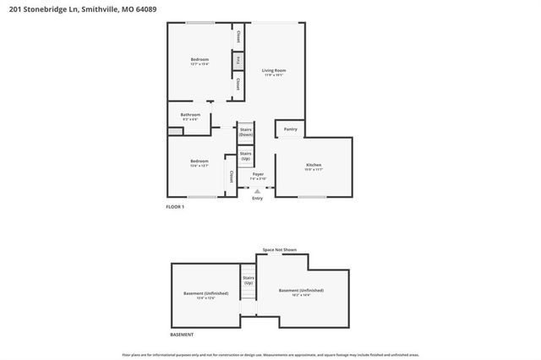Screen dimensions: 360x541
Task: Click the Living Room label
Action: click(x=273, y=71)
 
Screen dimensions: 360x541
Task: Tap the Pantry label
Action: click(x=290, y=129)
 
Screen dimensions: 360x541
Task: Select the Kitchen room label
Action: click(x=313, y=166)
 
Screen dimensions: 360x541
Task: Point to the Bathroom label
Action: click(x=190, y=115)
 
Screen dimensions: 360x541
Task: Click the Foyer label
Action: click(x=258, y=175)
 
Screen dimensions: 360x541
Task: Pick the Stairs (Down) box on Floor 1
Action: click(x=245, y=133)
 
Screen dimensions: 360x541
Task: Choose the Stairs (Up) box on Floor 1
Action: click(x=245, y=156)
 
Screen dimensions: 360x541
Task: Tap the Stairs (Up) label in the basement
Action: click(x=249, y=280)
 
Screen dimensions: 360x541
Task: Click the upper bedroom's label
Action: click(x=199, y=60)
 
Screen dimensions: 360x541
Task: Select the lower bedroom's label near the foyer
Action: click(x=199, y=162)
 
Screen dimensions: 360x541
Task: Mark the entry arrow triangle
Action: click(x=258, y=191)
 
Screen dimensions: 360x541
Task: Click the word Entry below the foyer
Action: click(x=257, y=199)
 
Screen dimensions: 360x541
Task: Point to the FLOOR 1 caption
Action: click(x=175, y=207)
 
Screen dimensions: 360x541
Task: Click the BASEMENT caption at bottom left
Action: click(x=182, y=335)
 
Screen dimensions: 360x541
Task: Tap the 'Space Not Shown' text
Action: click(x=279, y=250)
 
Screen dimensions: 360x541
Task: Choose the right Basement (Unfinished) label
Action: click(x=301, y=292)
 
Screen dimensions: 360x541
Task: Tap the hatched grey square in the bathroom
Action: click(x=174, y=132)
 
